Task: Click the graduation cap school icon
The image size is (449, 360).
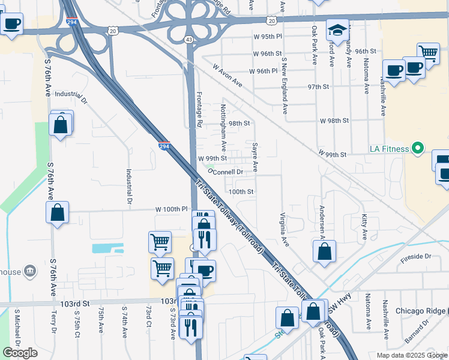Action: (x=338, y=31)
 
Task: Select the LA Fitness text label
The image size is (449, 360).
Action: (x=389, y=149)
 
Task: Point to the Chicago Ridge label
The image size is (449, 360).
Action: (x=420, y=311)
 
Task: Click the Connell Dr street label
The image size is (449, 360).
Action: (x=228, y=172)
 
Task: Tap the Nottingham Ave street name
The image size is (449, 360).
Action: (x=223, y=128)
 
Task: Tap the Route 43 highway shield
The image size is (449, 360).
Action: (x=189, y=39)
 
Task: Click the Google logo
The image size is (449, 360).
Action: (x=20, y=352)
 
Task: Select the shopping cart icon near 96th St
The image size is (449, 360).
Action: (x=429, y=53)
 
